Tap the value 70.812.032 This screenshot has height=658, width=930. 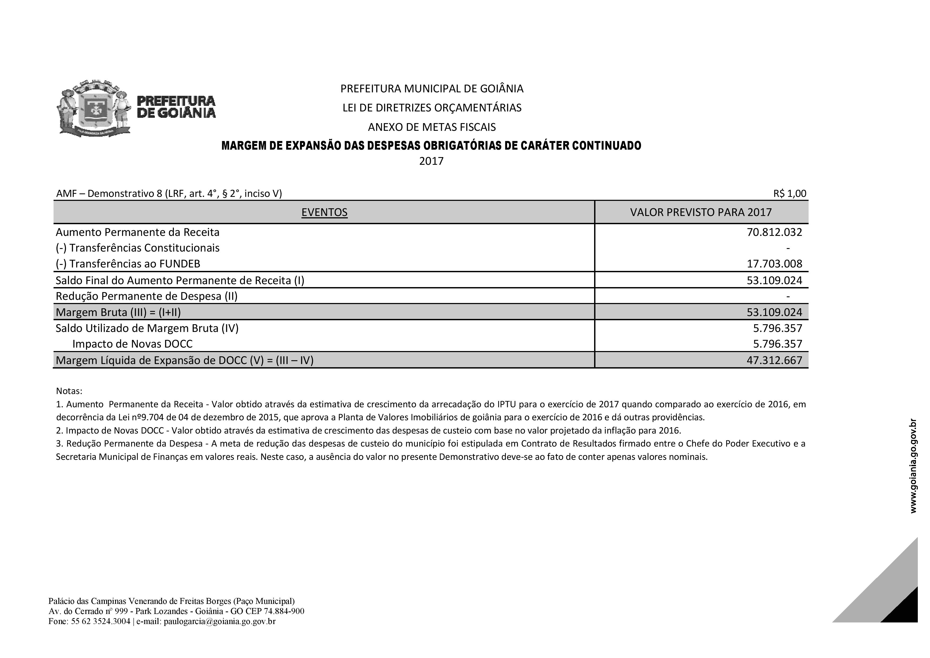click(x=774, y=232)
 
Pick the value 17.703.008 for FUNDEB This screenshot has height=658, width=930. click(x=774, y=264)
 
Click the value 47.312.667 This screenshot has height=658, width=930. click(x=774, y=360)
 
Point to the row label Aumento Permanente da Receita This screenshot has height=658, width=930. click(x=137, y=232)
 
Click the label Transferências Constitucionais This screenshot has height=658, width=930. click(x=144, y=248)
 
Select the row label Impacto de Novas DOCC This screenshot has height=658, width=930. click(x=133, y=344)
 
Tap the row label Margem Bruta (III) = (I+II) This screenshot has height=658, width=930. click(x=118, y=313)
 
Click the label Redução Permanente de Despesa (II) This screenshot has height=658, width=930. click(x=147, y=296)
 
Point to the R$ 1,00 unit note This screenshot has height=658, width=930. click(x=789, y=194)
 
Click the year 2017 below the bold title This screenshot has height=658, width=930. click(x=431, y=161)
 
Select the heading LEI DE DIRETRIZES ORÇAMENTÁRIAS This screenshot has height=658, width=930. click(x=432, y=108)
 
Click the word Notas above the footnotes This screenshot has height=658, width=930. click(x=69, y=391)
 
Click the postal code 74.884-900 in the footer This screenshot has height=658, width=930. click(x=284, y=611)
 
